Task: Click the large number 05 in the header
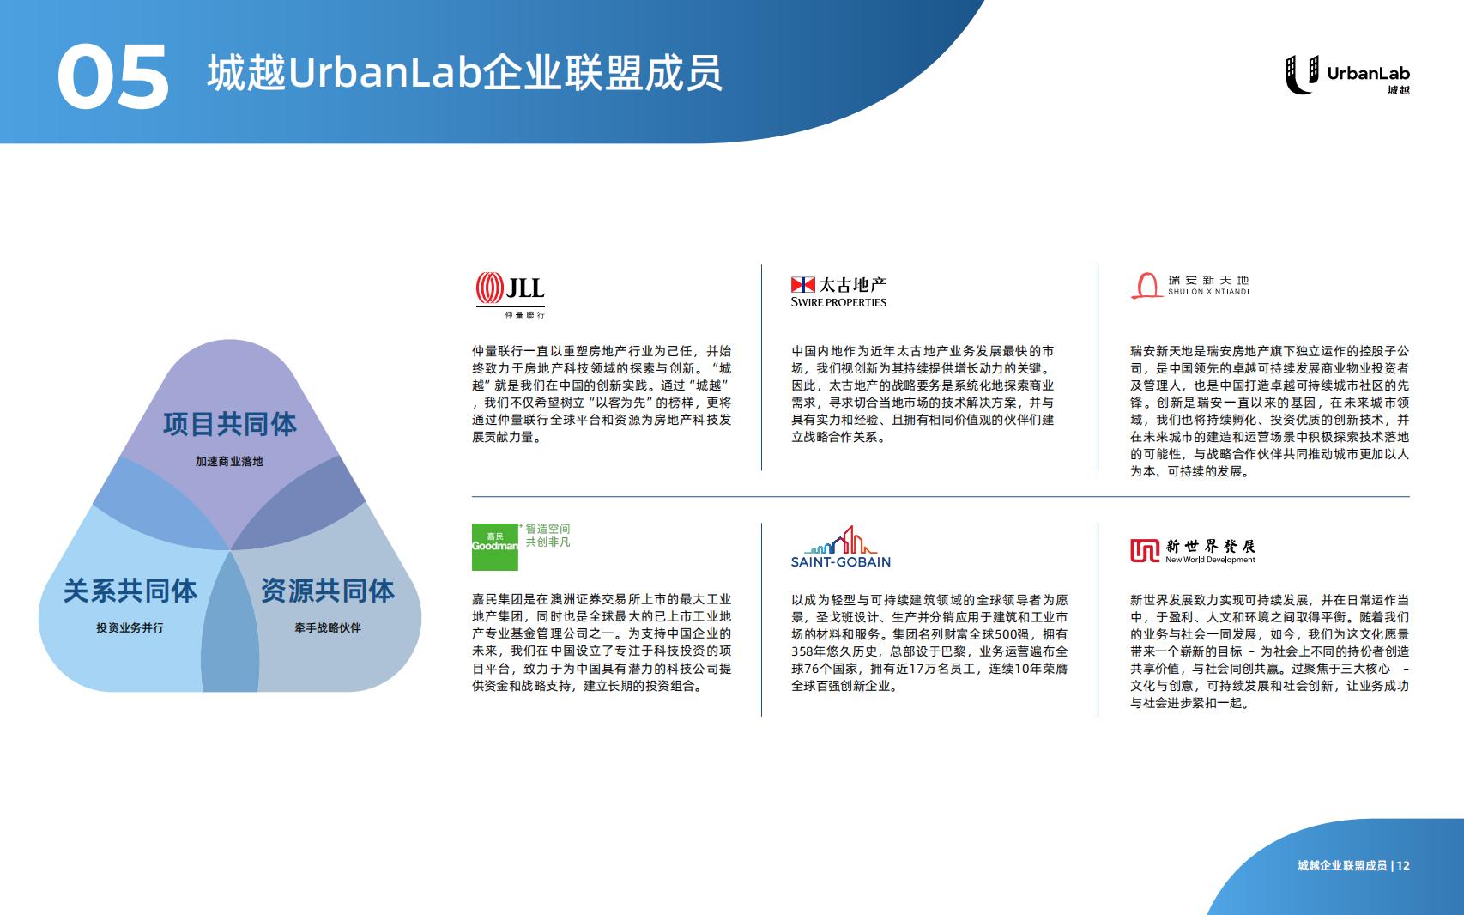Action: point(113,76)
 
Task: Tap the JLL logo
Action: point(511,295)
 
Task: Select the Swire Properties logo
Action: point(838,292)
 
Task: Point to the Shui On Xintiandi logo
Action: point(1190,286)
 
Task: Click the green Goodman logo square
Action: point(495,547)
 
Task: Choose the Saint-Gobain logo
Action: point(840,547)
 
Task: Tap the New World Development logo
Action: point(1193,551)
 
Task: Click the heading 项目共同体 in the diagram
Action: point(229,425)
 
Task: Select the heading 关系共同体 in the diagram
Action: point(130,591)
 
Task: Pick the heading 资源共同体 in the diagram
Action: point(328,591)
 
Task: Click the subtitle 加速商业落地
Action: point(229,462)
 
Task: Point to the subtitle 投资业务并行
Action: point(130,628)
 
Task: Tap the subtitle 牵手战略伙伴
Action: point(328,628)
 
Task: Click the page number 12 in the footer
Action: point(1403,865)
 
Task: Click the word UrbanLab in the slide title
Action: point(385,73)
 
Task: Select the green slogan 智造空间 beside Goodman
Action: point(547,529)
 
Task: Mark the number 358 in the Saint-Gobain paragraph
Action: point(802,651)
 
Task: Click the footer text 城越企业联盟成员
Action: point(1342,865)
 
